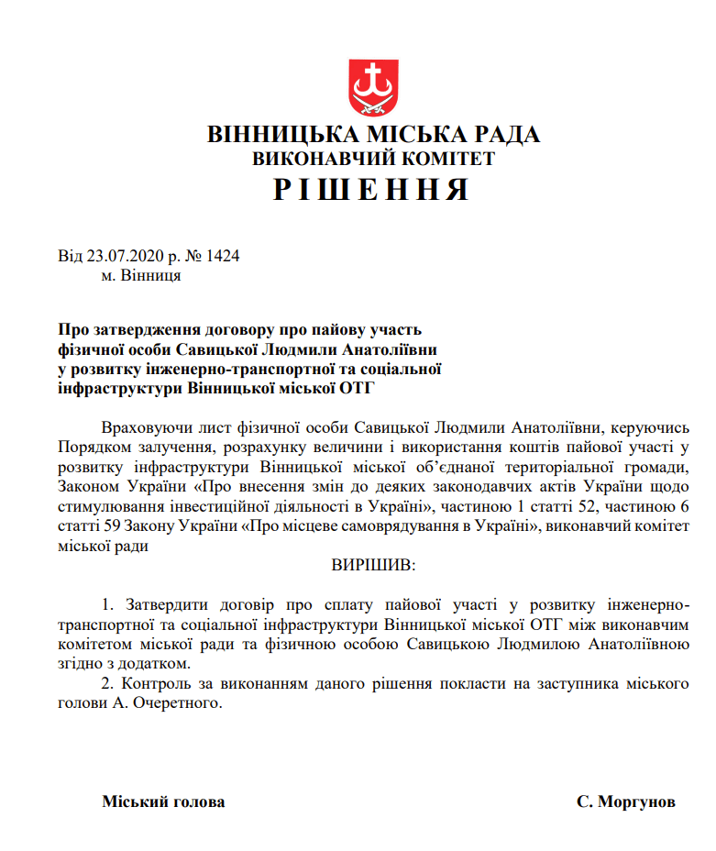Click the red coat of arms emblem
click(373, 88)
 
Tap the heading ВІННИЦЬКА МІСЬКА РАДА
click(373, 135)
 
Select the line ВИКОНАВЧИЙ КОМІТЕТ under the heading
click(373, 159)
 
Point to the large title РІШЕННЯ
click(372, 189)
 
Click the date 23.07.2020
click(117, 256)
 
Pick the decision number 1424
click(223, 256)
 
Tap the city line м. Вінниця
click(141, 275)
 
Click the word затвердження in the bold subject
click(138, 329)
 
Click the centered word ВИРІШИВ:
click(373, 565)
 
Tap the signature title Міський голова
click(163, 801)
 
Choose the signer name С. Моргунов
click(626, 801)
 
